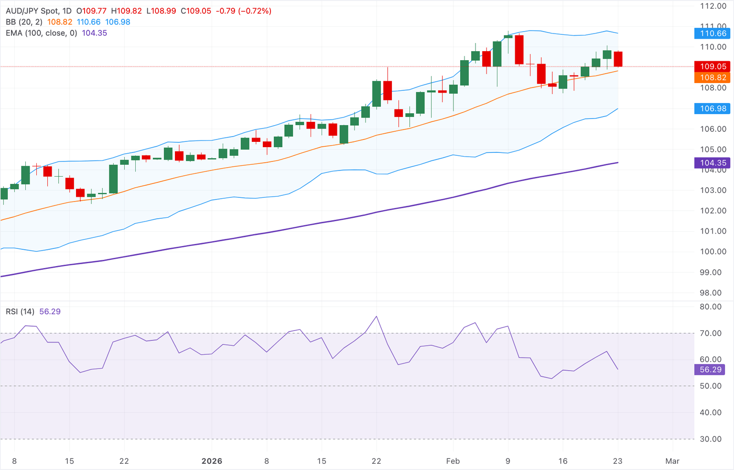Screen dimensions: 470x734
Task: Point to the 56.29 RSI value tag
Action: [711, 370]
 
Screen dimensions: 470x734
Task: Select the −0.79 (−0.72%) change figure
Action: [244, 11]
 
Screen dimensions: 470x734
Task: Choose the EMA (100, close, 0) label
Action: [42, 33]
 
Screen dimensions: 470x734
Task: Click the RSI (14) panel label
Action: [20, 311]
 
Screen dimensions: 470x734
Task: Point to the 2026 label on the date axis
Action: [212, 461]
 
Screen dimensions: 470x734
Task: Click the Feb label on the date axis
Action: [453, 461]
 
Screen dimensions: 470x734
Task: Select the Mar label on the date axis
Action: [672, 461]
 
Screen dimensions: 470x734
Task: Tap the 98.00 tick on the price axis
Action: [713, 293]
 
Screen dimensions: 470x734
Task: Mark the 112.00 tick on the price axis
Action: [713, 6]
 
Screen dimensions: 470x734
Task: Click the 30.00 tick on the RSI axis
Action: [711, 439]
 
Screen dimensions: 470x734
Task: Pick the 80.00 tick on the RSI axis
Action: [711, 307]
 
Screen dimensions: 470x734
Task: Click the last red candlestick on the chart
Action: [618, 59]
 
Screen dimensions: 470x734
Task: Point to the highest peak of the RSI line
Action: [377, 316]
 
